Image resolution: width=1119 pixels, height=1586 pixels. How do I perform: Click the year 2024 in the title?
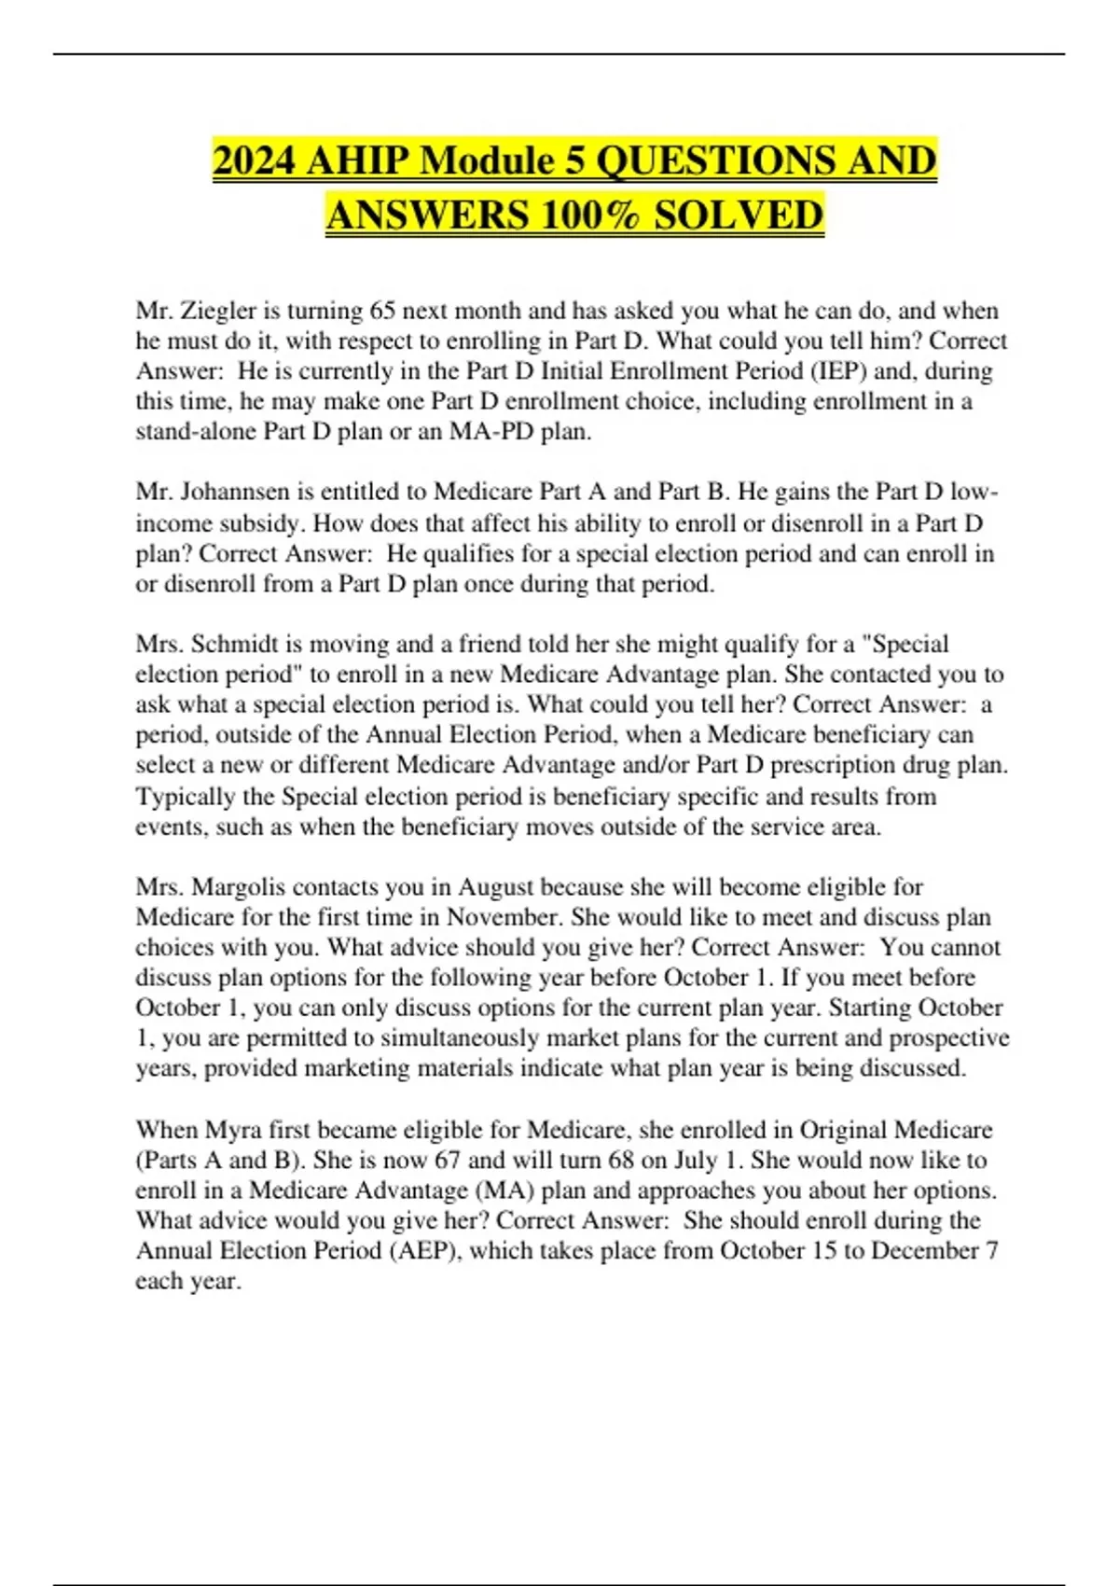point(254,160)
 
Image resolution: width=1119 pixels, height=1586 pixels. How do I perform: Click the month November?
point(504,917)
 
